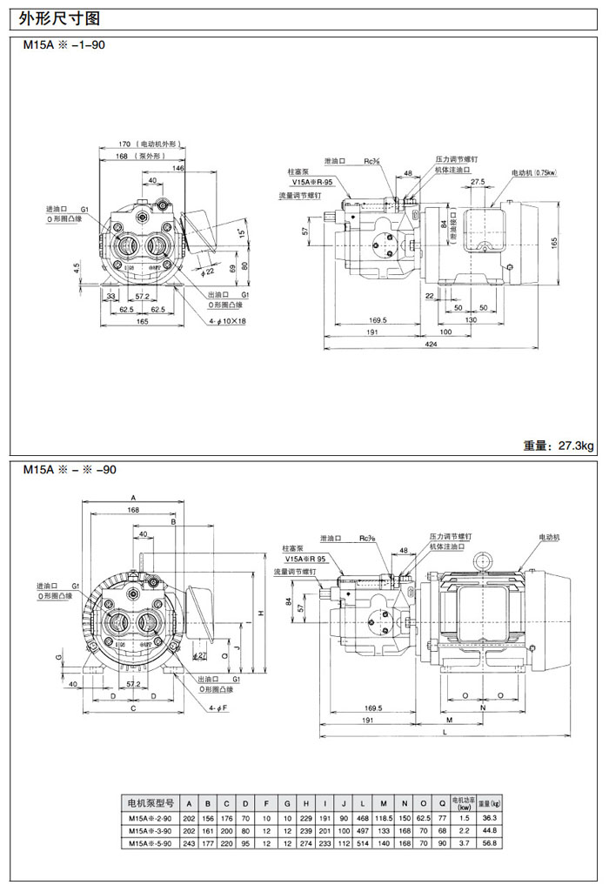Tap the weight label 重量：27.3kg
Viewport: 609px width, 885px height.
(x=558, y=446)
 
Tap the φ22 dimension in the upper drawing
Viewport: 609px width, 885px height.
(x=209, y=272)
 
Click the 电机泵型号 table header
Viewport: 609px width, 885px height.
(x=151, y=802)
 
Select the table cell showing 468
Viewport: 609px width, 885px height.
(x=362, y=817)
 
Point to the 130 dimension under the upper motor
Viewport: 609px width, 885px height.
(x=470, y=320)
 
